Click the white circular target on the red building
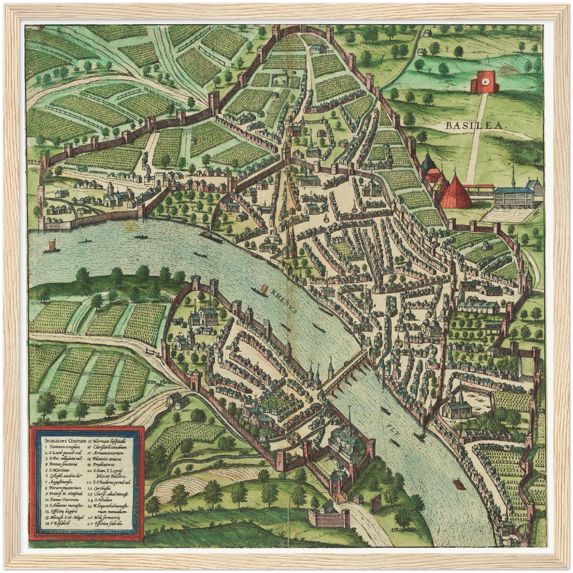tap(484, 82)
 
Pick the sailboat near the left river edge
tap(50, 247)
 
